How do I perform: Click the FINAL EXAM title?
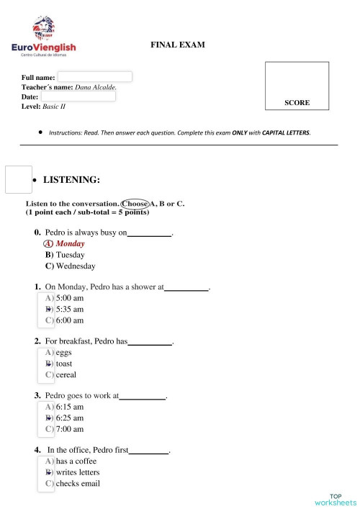178,45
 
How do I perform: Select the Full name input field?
94,76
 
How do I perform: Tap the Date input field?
78,96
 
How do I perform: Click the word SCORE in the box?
297,103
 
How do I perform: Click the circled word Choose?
135,204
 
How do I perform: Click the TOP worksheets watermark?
335,500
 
